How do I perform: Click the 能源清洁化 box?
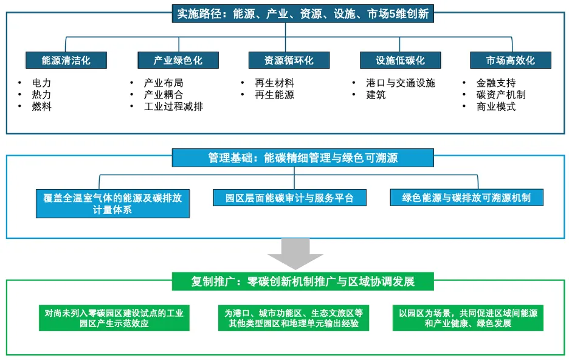point(66,61)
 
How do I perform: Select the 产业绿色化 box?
point(178,61)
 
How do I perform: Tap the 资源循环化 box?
point(289,61)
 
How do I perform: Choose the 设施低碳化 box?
point(400,61)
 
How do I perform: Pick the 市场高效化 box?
point(511,61)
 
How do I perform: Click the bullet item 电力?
point(42,83)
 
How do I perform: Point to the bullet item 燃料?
point(42,106)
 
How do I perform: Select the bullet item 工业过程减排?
point(173,106)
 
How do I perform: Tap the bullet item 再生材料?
point(275,83)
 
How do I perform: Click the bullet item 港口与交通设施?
point(401,83)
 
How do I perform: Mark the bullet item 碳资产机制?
point(501,95)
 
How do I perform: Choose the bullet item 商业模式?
point(496,106)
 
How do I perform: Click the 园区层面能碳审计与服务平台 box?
point(289,198)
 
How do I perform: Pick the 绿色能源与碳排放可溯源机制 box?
point(466,198)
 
